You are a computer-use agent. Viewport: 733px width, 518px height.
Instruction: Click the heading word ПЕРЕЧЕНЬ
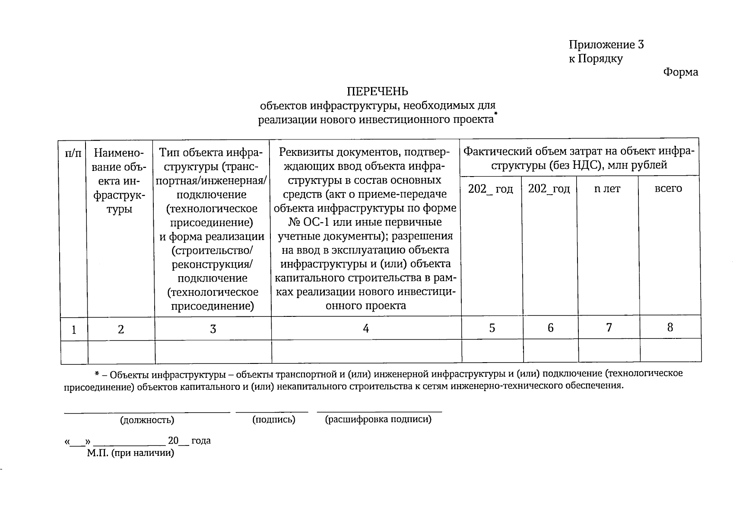[377, 92]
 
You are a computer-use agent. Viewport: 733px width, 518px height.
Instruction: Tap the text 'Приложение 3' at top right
[606, 45]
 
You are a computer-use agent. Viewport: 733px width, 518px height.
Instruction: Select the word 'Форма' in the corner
[680, 72]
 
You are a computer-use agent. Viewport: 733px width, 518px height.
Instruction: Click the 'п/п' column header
[73, 153]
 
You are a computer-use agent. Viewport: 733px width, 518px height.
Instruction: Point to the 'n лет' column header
[607, 189]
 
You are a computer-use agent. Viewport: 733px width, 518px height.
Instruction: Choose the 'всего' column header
[668, 189]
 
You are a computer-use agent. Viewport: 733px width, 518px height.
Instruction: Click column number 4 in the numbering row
[366, 329]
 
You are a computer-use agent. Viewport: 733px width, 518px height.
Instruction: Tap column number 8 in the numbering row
[670, 328]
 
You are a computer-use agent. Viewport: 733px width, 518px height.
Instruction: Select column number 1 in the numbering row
[74, 330]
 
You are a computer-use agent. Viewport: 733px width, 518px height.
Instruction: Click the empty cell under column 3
[213, 352]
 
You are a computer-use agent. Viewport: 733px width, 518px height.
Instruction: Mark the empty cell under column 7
[609, 351]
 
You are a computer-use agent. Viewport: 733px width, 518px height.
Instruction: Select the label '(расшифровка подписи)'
[378, 419]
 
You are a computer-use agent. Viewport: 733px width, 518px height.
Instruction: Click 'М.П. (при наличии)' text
[130, 453]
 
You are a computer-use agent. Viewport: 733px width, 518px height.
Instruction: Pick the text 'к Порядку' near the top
[596, 59]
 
